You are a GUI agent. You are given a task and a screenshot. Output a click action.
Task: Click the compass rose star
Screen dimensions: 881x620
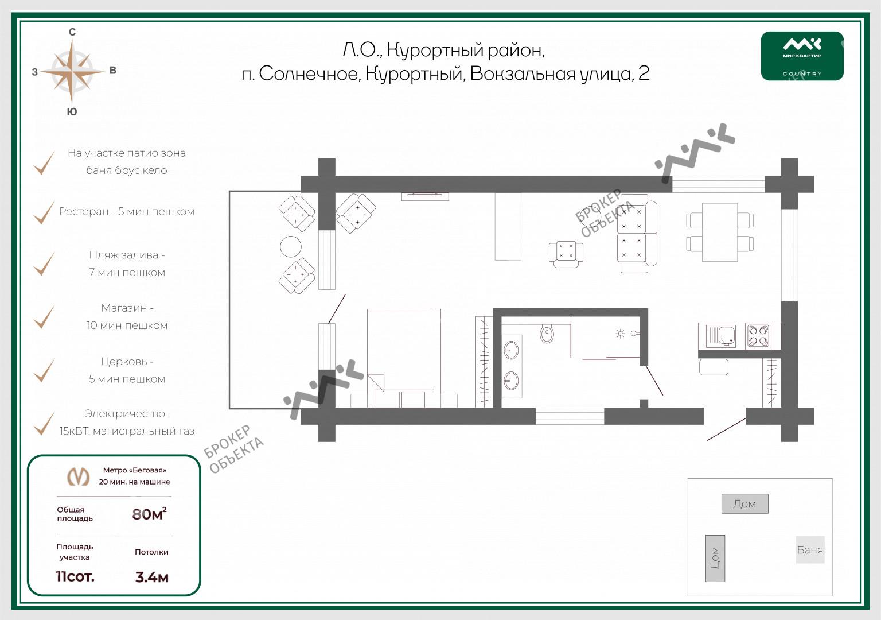pos(72,72)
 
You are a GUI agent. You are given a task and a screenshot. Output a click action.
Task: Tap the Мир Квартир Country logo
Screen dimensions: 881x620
pos(802,56)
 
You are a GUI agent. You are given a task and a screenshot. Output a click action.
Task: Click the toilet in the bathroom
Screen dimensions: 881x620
pos(547,334)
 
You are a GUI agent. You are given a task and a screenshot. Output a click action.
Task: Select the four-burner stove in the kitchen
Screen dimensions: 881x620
pos(758,336)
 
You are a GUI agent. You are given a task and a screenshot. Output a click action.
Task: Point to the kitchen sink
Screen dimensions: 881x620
pos(720,336)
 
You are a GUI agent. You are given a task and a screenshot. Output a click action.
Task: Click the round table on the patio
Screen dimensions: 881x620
pos(291,246)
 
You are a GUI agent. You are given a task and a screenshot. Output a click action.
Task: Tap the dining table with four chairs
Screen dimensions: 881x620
pos(720,232)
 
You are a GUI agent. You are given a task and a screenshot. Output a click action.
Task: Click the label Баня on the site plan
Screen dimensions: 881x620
pos(810,549)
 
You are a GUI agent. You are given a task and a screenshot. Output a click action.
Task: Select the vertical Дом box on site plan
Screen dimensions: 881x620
pos(715,558)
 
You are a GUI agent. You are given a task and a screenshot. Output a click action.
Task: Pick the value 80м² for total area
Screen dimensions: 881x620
pos(150,514)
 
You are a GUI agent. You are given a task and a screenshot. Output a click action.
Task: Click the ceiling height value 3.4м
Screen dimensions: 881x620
pos(152,577)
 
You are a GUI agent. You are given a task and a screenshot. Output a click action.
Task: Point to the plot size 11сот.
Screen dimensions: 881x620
pos(75,576)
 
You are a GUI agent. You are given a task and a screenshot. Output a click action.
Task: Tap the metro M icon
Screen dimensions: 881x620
pos(78,476)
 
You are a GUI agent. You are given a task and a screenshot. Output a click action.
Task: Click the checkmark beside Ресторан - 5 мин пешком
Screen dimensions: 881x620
pos(44,212)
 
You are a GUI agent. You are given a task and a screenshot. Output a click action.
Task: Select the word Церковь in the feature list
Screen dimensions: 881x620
pos(124,361)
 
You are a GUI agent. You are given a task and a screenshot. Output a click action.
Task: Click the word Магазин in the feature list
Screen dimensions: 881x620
pos(124,308)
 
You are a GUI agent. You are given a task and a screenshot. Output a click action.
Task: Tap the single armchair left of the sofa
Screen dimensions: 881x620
pos(566,254)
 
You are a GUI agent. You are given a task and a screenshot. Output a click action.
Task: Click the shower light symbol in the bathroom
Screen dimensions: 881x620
pos(620,334)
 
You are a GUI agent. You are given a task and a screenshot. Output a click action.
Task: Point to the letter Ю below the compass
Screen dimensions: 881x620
pos(72,112)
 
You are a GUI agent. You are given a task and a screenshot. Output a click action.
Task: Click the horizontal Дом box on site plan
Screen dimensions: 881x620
pos(744,503)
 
